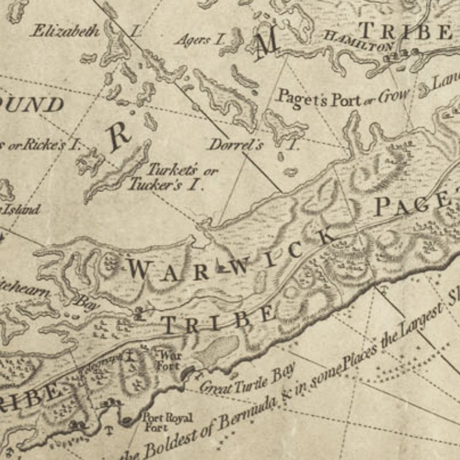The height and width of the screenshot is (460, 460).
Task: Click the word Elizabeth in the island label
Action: coord(65,31)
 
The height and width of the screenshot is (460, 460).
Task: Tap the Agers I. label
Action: coord(199,40)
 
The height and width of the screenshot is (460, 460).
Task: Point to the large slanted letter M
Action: coord(266,46)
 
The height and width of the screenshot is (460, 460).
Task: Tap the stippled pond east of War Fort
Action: coord(217,351)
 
